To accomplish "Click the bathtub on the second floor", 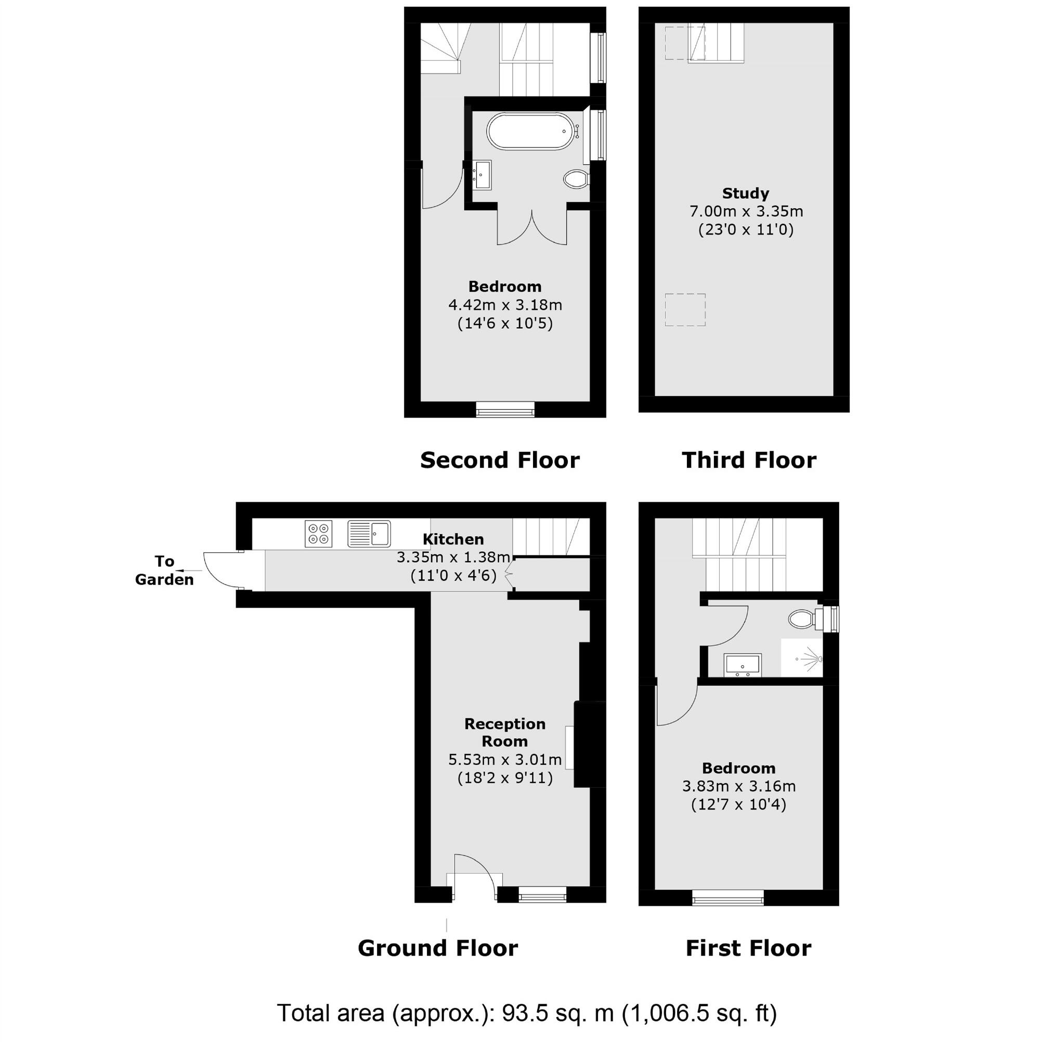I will click(530, 131).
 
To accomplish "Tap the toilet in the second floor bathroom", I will click(576, 178).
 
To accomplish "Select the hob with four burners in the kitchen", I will click(318, 534).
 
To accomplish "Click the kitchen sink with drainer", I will click(370, 533).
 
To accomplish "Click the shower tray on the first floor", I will click(801, 658).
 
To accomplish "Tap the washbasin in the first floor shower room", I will click(743, 665).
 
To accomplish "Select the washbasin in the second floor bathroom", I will click(483, 174).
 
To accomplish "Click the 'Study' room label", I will click(745, 193).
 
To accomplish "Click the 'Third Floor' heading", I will click(749, 461).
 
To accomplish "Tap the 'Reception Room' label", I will click(505, 733).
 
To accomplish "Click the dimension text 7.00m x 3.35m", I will click(746, 212).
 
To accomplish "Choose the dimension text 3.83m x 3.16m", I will click(738, 786).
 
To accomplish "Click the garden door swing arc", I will click(218, 570).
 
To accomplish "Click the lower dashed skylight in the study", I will click(684, 309).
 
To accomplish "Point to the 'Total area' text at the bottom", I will click(526, 1013).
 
